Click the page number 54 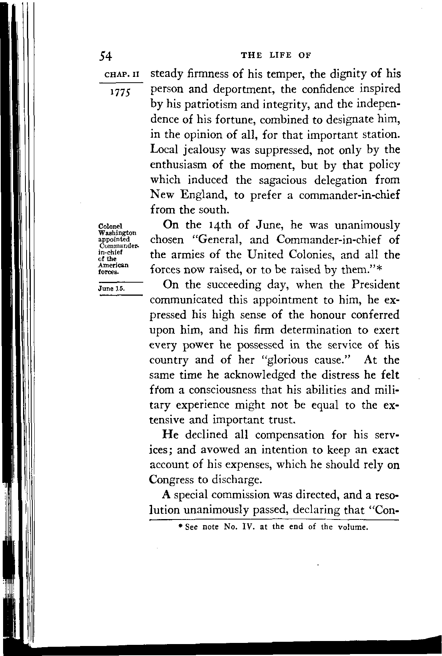(105, 56)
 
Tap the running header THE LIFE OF (276, 55)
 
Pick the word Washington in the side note (118, 233)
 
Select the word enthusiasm (177, 165)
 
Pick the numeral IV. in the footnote (244, 527)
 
